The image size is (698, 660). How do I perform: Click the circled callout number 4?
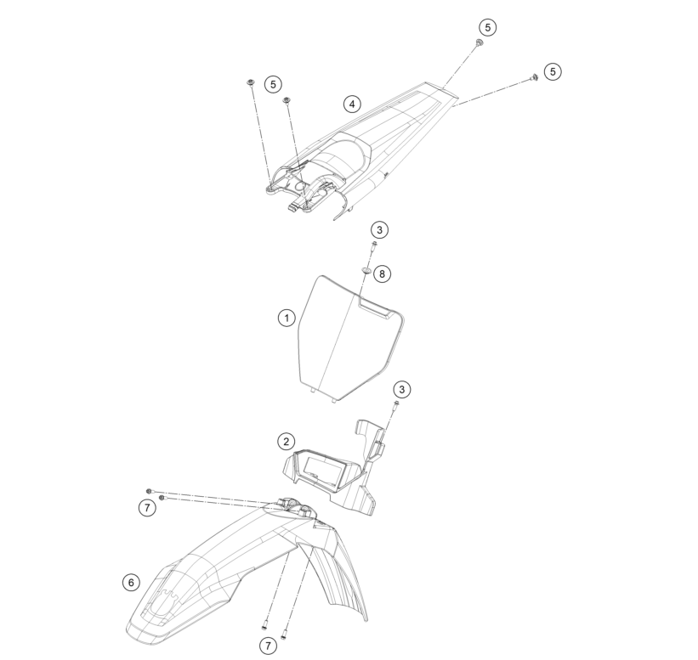352,104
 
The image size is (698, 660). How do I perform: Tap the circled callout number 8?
382,274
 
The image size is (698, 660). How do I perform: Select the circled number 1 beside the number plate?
287,318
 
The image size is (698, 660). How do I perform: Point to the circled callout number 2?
286,442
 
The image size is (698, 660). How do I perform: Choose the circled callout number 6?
131,582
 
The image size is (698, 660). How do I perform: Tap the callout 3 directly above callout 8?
379,230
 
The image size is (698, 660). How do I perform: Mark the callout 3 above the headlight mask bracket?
402,390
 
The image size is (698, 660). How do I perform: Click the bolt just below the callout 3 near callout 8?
372,246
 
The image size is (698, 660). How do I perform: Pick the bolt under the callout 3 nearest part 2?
395,404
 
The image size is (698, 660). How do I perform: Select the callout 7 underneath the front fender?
268,646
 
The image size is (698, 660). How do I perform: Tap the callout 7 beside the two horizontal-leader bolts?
147,507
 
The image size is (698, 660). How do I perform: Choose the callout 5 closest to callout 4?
273,84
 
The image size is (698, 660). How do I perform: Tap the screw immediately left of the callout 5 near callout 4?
251,82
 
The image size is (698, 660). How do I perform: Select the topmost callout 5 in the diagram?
487,27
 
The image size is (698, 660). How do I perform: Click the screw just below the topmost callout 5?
479,43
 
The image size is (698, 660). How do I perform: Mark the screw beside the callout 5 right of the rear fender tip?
535,77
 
